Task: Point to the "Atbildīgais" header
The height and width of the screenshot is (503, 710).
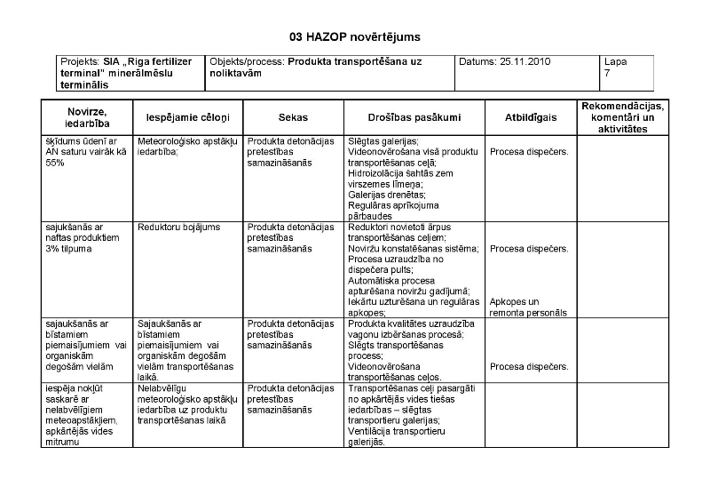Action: [530, 117]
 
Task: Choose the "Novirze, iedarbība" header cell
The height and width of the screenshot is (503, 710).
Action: [86, 117]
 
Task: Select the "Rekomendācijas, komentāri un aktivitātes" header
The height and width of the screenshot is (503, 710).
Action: [622, 117]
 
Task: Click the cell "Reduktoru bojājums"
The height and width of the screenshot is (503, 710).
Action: [178, 227]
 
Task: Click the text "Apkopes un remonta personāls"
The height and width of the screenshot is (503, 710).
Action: [528, 307]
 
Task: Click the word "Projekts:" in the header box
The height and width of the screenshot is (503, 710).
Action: [79, 61]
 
